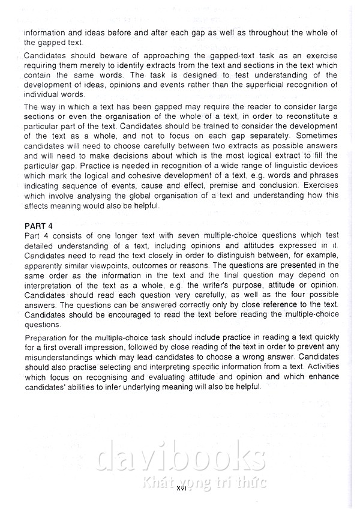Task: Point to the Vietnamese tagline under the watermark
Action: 197,481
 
